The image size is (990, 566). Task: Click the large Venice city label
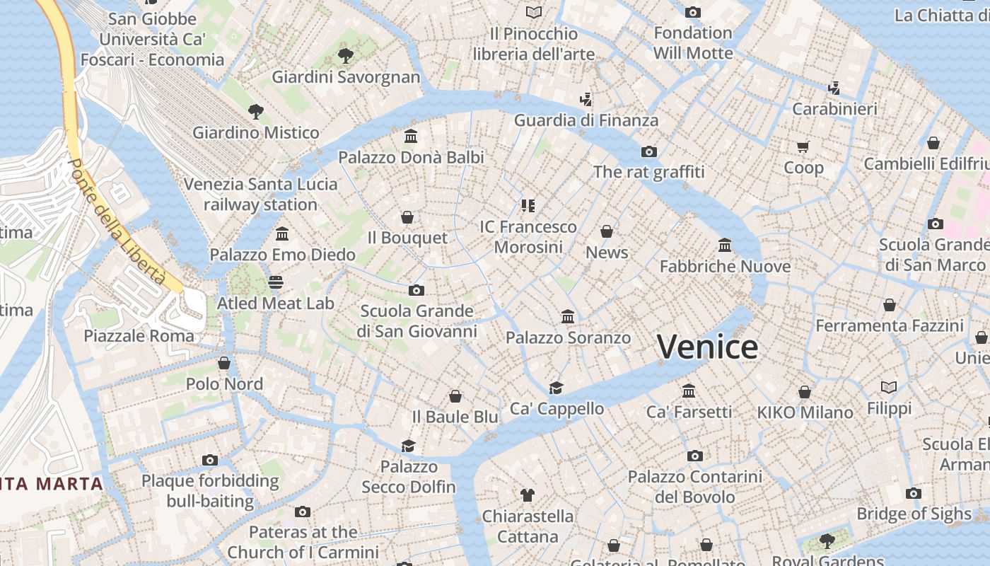pos(707,347)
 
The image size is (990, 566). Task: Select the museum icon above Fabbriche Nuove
pos(725,245)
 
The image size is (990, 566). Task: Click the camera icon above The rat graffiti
pos(648,151)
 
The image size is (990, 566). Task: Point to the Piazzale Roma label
pos(139,335)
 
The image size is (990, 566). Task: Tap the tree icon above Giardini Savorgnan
pos(345,55)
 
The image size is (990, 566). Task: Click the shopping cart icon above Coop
pos(803,146)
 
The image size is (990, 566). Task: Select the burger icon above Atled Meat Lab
pos(276,282)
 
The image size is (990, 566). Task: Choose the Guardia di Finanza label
pos(586,120)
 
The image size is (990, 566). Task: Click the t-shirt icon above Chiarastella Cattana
pos(527,495)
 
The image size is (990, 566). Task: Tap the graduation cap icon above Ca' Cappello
pos(557,388)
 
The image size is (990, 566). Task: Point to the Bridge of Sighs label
pos(914,514)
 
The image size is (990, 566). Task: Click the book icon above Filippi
pos(889,387)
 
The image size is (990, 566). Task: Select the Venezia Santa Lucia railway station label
pos(261,195)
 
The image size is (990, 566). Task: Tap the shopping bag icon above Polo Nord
pos(224,363)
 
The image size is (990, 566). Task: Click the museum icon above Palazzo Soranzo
pos(568,316)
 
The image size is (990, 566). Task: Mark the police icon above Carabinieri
pos(834,88)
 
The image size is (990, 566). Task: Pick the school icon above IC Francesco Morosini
pos(528,206)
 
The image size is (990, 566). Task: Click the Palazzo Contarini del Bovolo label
pos(695,487)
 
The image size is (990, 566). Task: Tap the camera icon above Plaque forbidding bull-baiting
pos(209,460)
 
